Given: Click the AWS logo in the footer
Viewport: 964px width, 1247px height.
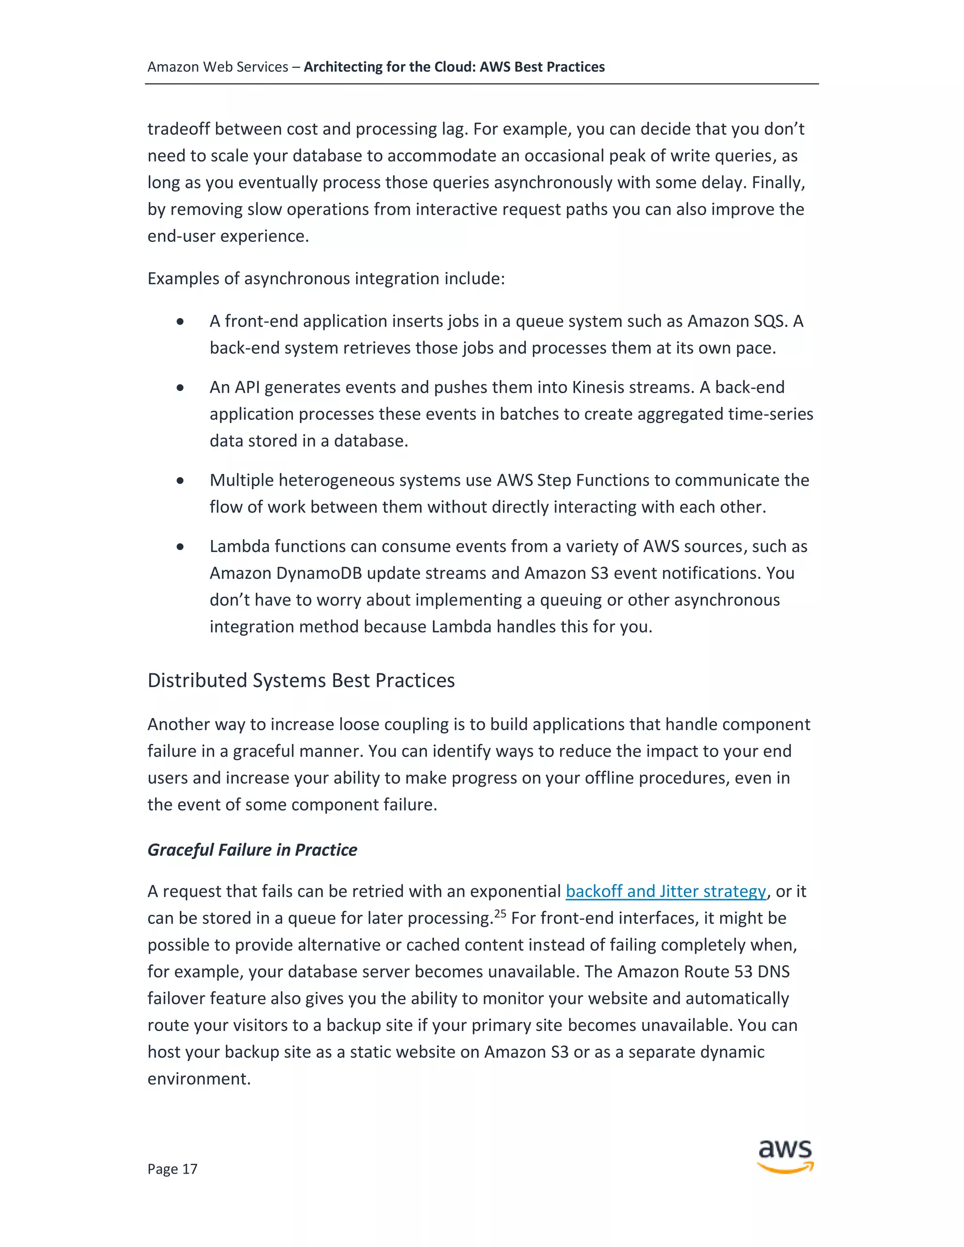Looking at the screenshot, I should (785, 1157).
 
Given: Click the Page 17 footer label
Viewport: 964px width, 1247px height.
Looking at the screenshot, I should (172, 1169).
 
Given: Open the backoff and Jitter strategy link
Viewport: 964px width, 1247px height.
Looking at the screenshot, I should (665, 891).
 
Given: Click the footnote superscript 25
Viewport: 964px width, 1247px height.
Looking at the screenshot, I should (500, 913).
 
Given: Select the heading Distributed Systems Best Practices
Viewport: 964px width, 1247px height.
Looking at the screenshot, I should (301, 680).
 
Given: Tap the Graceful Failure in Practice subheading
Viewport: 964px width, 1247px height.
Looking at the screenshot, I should (252, 849).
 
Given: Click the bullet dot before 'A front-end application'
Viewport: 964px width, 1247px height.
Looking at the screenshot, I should (180, 322).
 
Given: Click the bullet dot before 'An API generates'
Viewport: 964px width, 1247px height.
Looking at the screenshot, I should (180, 388).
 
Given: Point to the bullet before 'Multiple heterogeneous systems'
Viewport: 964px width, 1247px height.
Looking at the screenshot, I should (180, 481).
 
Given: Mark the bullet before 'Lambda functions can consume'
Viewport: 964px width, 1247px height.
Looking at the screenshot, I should (180, 547).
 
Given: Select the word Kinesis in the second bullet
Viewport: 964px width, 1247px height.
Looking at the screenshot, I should (597, 387).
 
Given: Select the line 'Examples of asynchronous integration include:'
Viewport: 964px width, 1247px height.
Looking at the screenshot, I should (326, 279).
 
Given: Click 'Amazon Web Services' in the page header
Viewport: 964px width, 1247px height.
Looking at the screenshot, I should (217, 67).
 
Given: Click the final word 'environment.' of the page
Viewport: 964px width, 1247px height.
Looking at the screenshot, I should (199, 1079).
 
